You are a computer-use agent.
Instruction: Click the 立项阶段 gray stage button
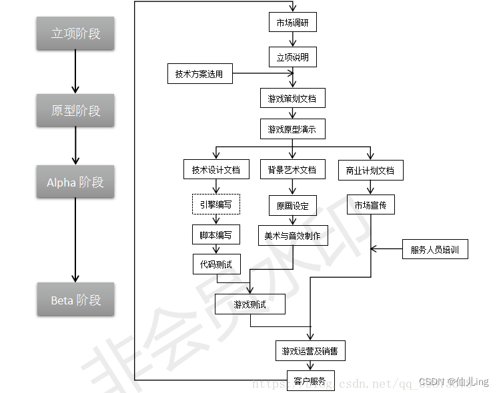pos(75,33)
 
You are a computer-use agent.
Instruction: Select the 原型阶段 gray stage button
pos(75,111)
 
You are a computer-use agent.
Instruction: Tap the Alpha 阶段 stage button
pos(75,182)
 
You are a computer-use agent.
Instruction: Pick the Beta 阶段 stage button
pos(75,300)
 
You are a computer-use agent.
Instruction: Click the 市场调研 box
pos(292,23)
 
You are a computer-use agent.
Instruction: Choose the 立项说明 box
pos(292,57)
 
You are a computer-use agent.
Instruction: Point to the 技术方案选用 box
pos(199,74)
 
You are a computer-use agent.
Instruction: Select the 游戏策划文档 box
pos(292,99)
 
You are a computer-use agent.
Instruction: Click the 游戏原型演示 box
pos(292,129)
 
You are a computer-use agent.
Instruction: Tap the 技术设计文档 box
pos(215,169)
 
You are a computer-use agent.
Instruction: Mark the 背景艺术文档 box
pos(292,169)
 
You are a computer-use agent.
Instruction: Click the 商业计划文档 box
pos(370,170)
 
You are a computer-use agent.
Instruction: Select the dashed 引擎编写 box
pos(215,204)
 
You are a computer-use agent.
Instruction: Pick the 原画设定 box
pos(292,205)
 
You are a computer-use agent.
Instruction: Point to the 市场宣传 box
pos(370,204)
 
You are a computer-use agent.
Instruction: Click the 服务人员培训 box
pos(435,250)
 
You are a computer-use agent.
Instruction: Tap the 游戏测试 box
pos(250,304)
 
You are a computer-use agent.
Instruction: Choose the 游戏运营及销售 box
pos(310,350)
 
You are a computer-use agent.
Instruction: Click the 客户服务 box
pos(310,381)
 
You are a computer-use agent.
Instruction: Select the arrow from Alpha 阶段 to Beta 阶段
pos(75,240)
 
